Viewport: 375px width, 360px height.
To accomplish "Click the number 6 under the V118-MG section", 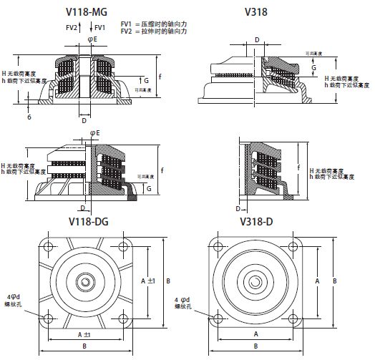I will point(29,116).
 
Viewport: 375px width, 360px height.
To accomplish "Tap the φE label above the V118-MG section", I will point(92,39).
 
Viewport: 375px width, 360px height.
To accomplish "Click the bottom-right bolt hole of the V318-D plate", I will point(292,318).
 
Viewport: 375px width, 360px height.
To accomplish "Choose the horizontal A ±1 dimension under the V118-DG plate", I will point(84,335).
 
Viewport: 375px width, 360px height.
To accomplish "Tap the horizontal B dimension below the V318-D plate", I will point(256,346).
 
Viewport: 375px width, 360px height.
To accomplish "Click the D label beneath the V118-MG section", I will point(84,121).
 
